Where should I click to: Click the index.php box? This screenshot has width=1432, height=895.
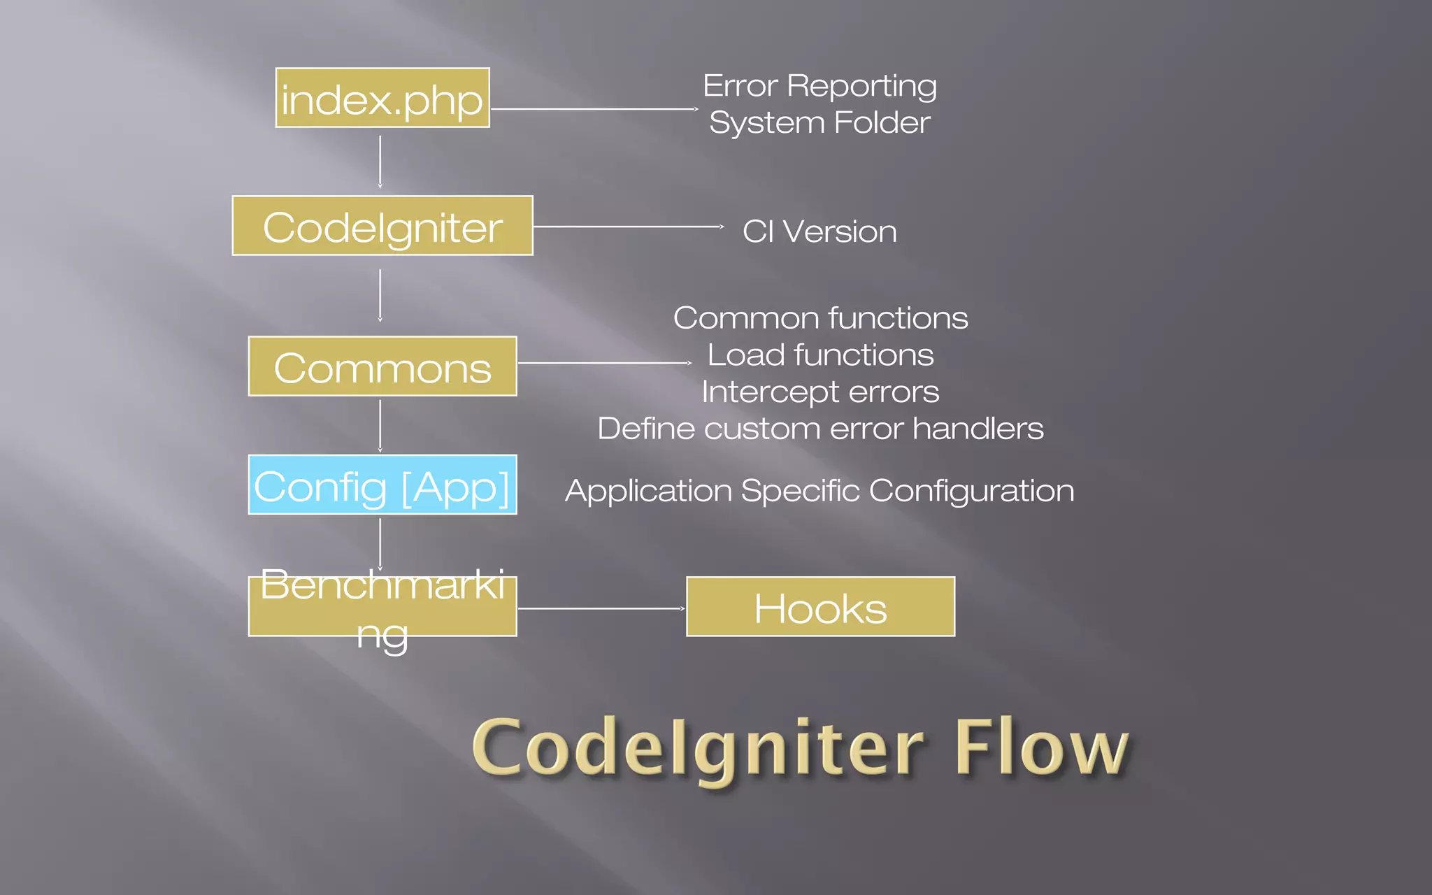(x=382, y=98)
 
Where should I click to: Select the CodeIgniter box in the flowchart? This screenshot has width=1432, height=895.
(x=382, y=226)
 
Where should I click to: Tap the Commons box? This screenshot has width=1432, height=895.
(x=382, y=366)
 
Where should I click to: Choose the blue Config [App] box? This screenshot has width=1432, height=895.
(x=382, y=485)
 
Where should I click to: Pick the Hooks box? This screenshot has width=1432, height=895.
(x=820, y=607)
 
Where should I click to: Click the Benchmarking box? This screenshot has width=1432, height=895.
(x=382, y=607)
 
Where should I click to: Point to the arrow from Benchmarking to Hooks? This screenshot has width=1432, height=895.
(x=601, y=608)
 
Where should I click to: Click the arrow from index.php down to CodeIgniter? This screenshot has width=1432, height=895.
(x=380, y=162)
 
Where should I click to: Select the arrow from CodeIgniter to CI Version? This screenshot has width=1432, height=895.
(x=628, y=227)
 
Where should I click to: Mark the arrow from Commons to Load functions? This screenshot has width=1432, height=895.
(x=605, y=363)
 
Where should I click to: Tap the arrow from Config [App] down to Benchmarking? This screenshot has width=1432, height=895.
(x=380, y=544)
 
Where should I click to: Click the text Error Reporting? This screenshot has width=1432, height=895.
(x=819, y=86)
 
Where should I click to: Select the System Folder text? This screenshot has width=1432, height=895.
(x=819, y=123)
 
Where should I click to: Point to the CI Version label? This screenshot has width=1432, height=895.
(x=819, y=231)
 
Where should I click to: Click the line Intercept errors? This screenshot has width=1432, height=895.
(x=820, y=392)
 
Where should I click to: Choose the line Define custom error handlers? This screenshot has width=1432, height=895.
(x=820, y=429)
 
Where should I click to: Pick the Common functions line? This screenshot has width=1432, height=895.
(x=820, y=318)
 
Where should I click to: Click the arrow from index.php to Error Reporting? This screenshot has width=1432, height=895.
(x=594, y=109)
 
